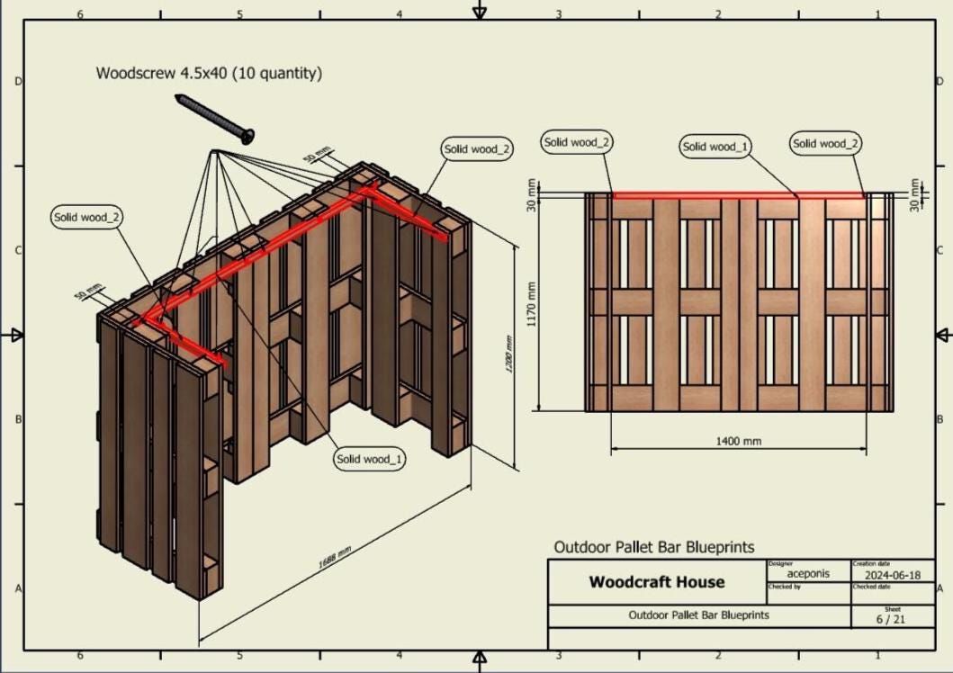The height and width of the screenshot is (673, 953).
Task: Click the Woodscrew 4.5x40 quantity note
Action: coord(209,74)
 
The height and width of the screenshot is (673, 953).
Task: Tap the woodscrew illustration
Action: coord(215,118)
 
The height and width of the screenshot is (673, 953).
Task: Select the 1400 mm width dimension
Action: coord(738,441)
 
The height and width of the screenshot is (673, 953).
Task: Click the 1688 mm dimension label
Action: coord(334,558)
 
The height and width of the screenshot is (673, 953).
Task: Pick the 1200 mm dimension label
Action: coord(508,354)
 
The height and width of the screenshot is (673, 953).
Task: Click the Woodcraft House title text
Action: coord(656,582)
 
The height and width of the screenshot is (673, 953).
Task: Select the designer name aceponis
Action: coord(808,573)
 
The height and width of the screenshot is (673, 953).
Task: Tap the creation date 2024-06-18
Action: coord(893,575)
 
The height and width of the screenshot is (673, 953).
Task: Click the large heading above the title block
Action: coord(653,547)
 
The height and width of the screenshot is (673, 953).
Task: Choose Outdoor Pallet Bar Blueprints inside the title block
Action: coord(698,615)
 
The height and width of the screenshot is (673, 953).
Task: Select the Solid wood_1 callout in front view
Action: coord(716,147)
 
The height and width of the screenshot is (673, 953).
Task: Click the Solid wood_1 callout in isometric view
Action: coord(370,459)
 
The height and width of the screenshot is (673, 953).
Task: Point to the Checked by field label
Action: coord(784,587)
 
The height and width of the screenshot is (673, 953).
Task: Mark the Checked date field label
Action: coord(870,587)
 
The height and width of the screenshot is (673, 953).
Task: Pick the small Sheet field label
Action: coord(892,608)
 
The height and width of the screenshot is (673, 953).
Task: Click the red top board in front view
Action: coord(738,195)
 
